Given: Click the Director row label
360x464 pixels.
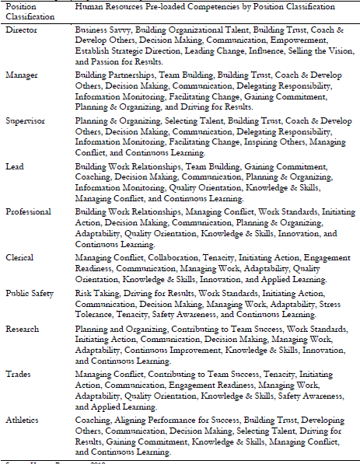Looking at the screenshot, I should (20, 30).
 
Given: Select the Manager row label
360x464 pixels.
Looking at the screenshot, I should (22, 75).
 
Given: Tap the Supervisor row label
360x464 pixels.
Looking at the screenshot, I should (25, 121).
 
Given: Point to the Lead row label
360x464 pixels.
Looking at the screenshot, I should (15, 166).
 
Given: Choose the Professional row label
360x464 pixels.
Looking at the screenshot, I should (29, 212).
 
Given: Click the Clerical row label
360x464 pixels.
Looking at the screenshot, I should (21, 257).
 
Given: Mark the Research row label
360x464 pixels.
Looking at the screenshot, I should (23, 330).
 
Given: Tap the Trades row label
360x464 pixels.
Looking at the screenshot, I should (19, 375).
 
